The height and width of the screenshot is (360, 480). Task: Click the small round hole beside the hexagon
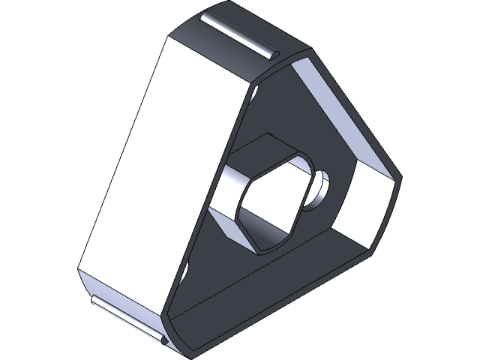pyautogui.click(x=321, y=184)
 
